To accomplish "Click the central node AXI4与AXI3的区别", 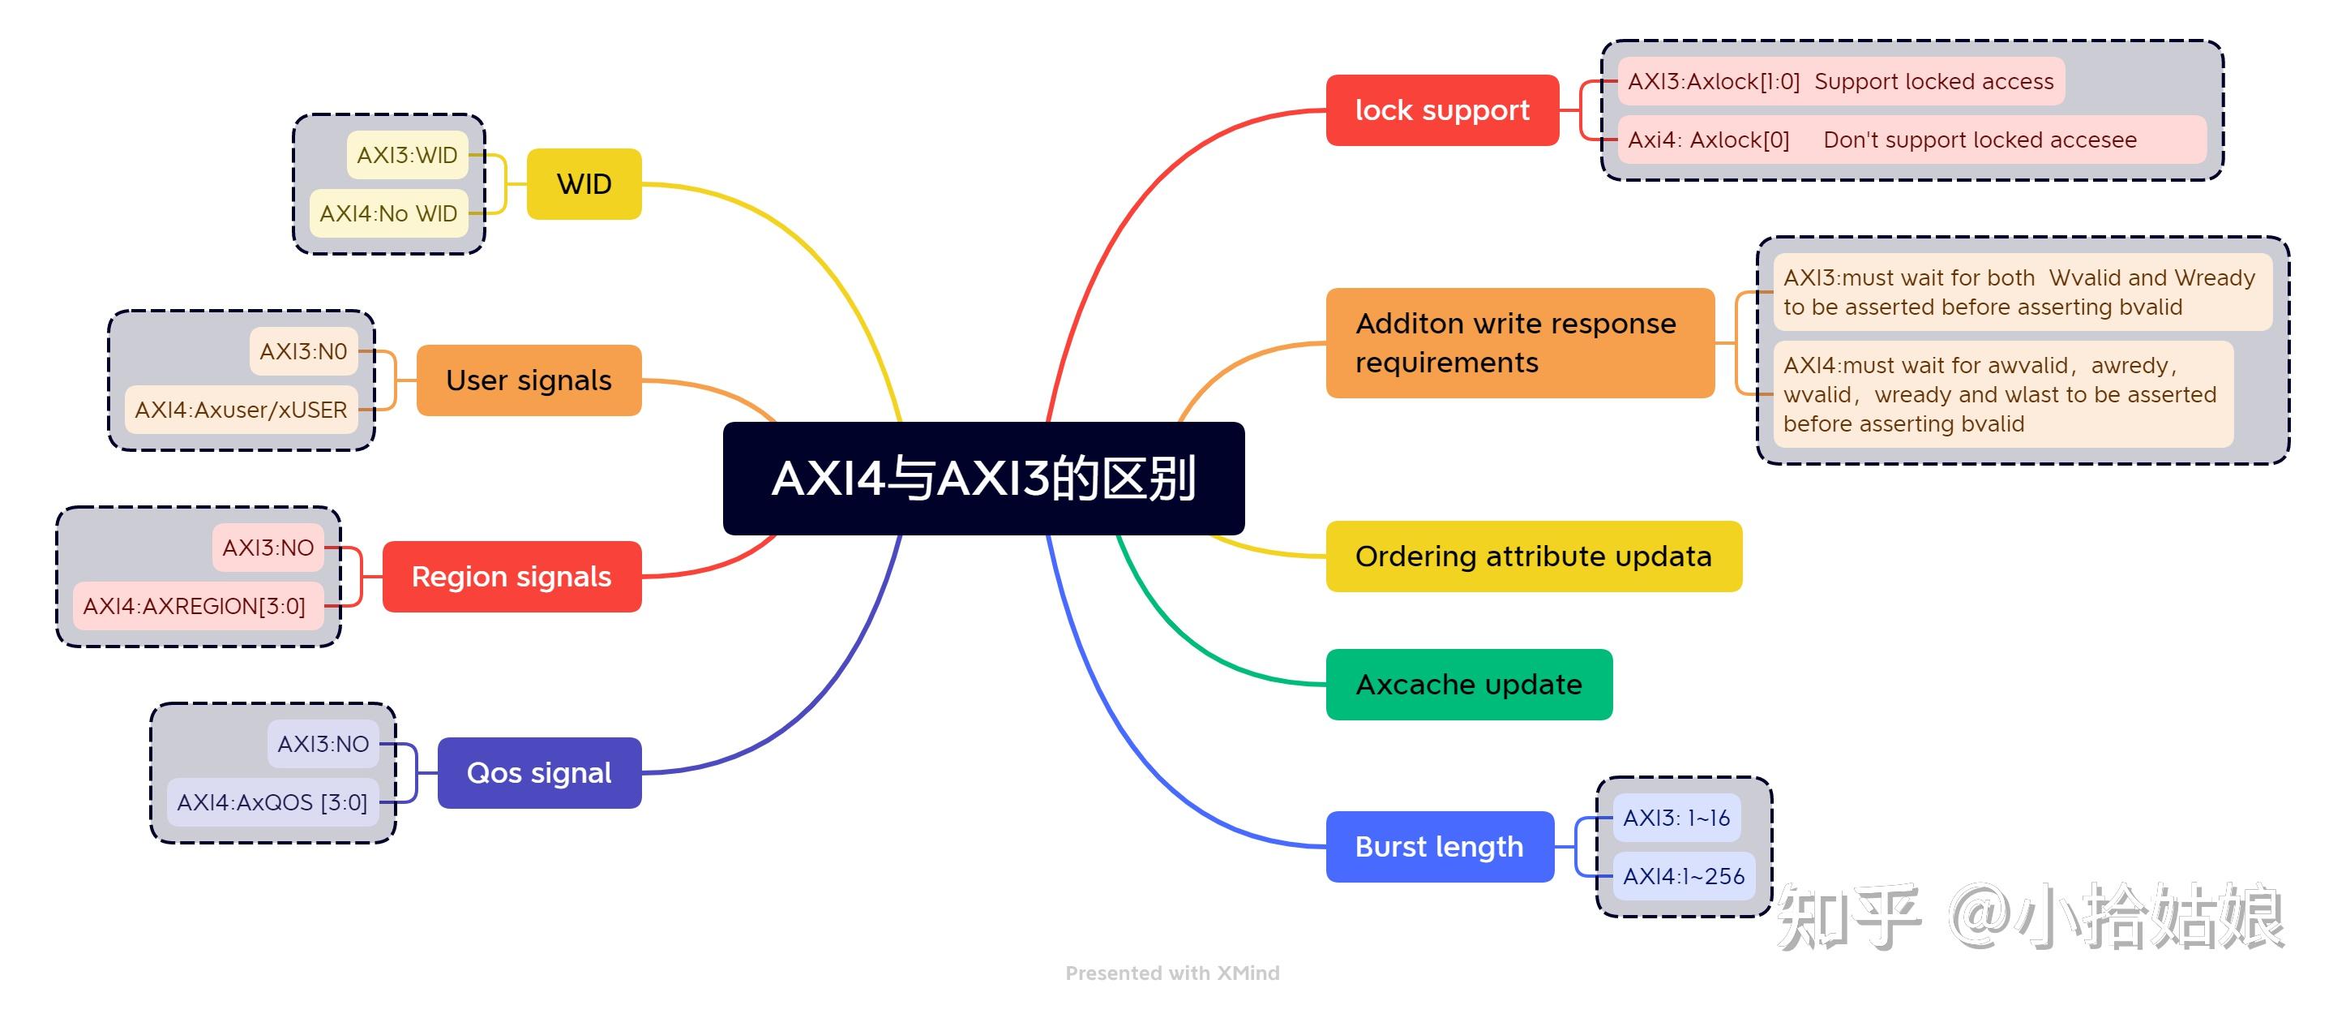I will [983, 479].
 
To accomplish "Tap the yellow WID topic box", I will [584, 184].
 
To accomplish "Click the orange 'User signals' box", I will [529, 380].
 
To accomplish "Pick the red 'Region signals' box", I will [511, 577].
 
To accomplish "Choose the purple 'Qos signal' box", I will [538, 772].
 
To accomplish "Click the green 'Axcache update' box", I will [1468, 684].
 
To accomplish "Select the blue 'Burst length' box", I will [1439, 846].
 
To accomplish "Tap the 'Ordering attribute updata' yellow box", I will [1533, 556].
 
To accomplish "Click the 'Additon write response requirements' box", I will [1519, 342].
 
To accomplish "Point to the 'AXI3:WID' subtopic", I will [407, 155].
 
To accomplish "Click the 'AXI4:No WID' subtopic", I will [388, 213].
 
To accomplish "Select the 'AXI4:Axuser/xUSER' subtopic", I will [241, 410].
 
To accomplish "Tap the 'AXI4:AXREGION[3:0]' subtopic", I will [195, 606].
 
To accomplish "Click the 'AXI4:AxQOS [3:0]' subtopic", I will [272, 801].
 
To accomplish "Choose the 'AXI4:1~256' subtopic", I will [1683, 875].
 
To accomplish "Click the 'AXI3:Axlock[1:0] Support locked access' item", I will [1839, 81].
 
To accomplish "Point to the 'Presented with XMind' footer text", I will [1172, 973].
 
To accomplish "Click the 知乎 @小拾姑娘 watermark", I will [2031, 916].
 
